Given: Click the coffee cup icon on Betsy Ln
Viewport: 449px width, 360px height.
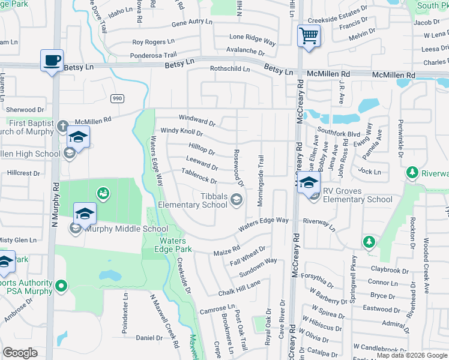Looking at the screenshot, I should coord(52,60).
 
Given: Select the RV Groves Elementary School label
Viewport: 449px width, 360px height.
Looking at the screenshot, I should coord(358,199).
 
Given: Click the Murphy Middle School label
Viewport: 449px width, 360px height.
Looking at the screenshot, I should coord(127,229).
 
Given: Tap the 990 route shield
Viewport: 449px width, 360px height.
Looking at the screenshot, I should coord(117,98).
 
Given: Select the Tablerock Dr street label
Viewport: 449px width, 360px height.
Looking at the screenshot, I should coord(199,176).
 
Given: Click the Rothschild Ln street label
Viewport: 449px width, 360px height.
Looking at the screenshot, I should coord(229,69).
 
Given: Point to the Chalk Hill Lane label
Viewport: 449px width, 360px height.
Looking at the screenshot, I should coord(240,287).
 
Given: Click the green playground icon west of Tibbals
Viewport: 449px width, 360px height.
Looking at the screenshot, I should coord(103,193).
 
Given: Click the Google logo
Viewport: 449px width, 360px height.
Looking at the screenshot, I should coord(20,353).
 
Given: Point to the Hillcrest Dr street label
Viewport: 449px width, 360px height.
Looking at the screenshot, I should coord(23,173).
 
